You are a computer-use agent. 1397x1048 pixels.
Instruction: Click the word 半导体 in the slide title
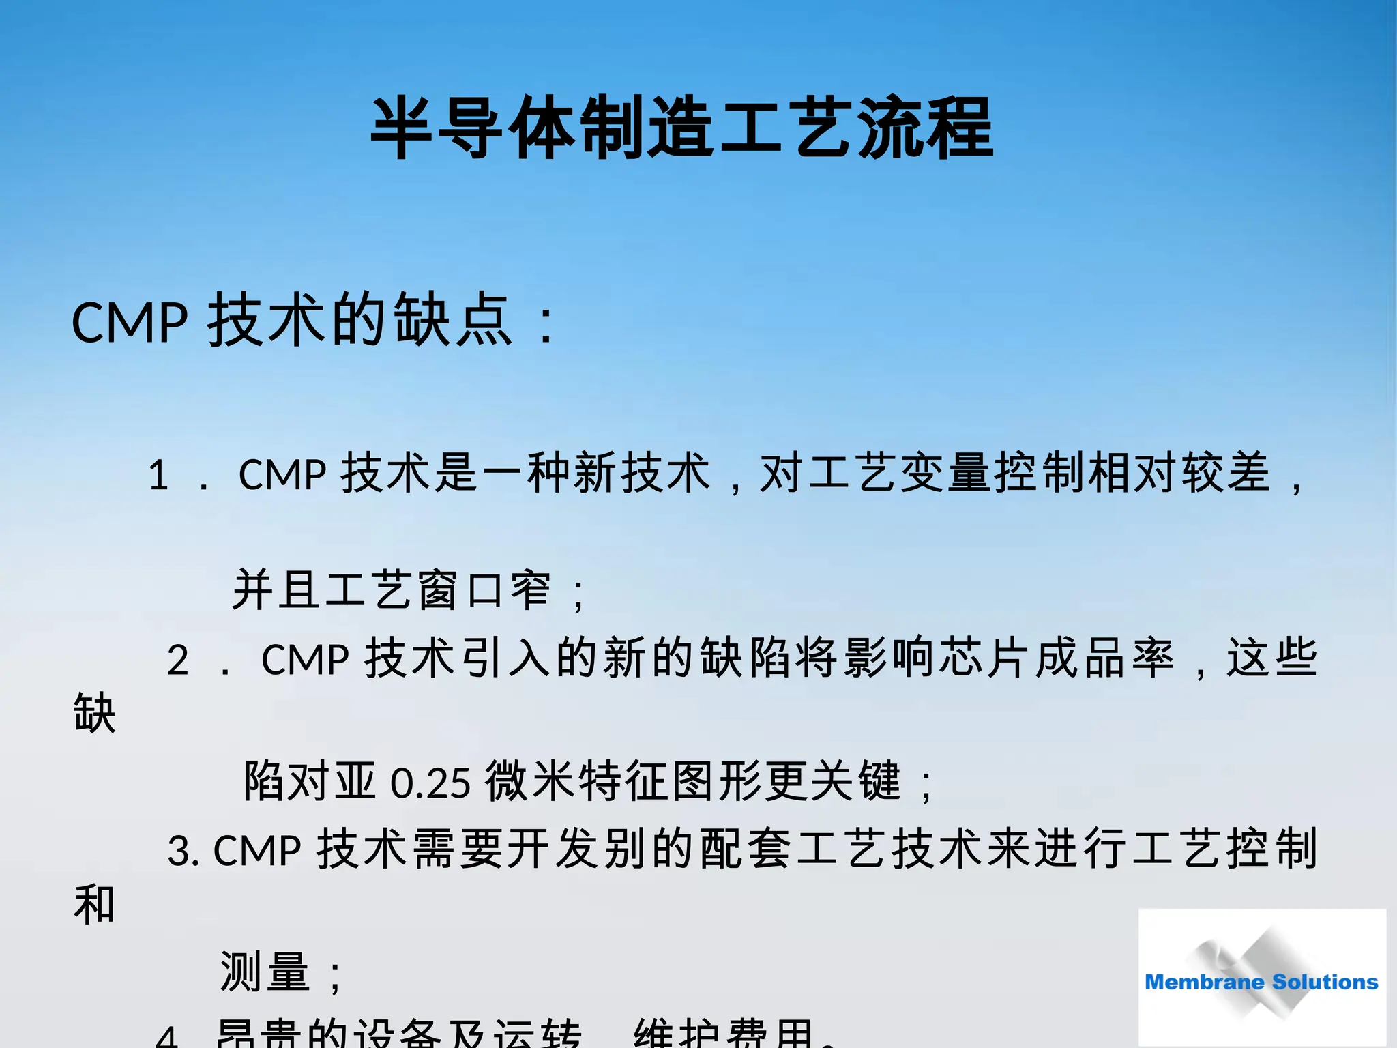(472, 128)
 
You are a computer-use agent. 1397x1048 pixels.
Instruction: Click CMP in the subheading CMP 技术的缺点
(130, 322)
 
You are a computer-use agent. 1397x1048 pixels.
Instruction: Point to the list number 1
(158, 475)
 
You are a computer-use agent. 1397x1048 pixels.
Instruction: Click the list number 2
(178, 660)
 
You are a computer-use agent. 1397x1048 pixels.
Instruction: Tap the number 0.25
(430, 783)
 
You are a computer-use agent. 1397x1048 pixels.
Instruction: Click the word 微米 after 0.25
(531, 781)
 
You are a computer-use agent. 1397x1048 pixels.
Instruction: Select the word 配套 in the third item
(746, 849)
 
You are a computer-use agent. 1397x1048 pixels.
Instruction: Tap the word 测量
(265, 972)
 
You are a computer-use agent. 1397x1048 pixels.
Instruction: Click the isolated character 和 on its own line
(94, 905)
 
